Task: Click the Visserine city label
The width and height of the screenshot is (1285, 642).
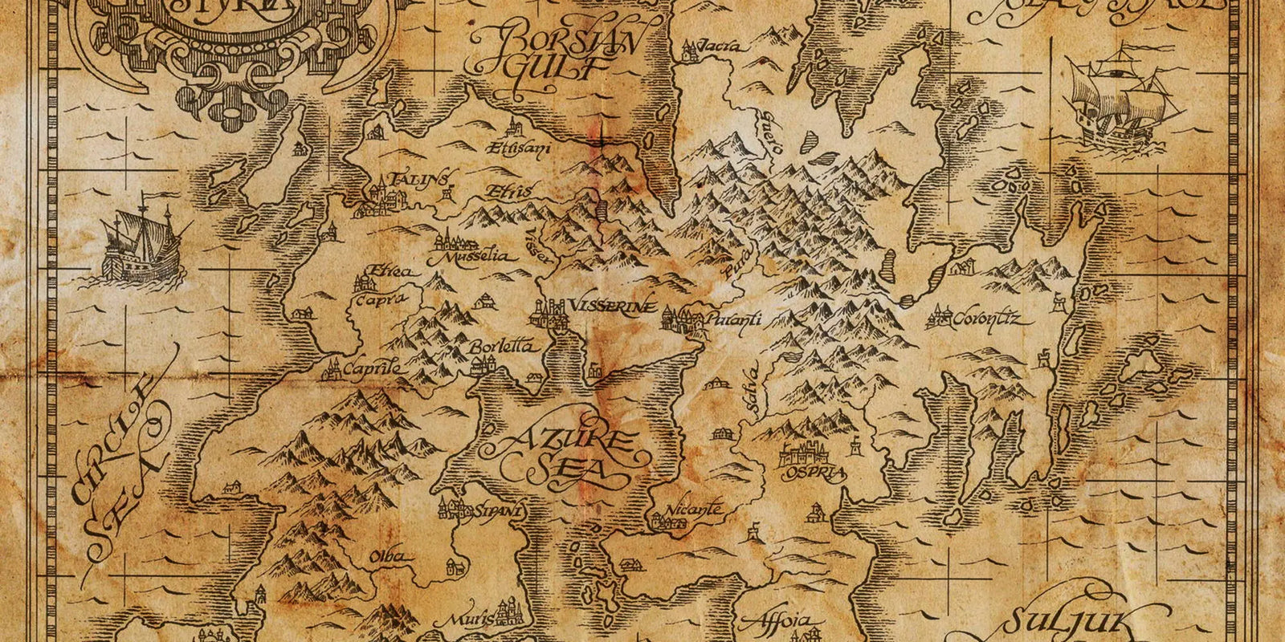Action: (x=612, y=307)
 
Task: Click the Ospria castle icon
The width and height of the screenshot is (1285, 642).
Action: (x=811, y=453)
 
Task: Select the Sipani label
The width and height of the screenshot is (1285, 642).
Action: (x=499, y=510)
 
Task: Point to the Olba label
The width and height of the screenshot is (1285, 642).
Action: (x=388, y=557)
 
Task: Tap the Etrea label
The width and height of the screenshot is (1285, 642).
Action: (x=391, y=272)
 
